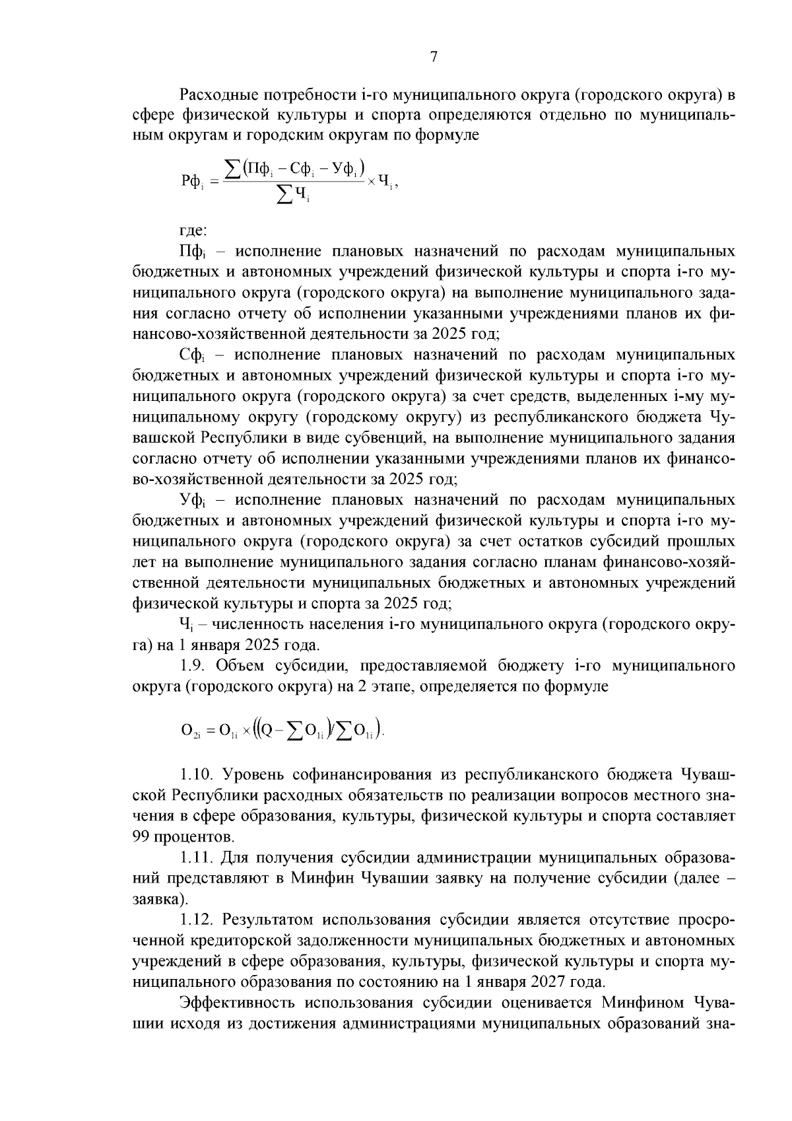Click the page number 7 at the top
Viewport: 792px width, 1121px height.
(x=434, y=57)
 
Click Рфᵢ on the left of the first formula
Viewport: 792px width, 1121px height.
(x=193, y=180)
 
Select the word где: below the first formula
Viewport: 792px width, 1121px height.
(x=193, y=231)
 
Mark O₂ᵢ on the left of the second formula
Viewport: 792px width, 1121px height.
(x=191, y=731)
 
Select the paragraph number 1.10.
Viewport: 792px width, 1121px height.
(x=196, y=774)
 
